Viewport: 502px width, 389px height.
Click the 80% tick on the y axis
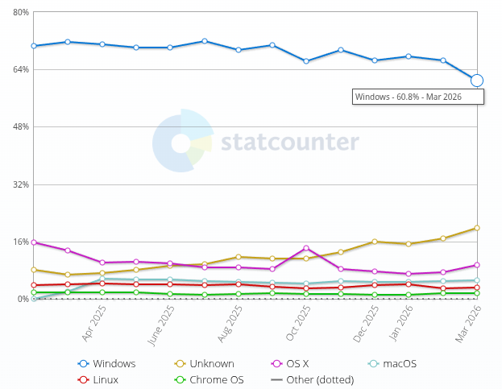tap(20, 12)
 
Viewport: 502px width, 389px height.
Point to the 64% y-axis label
tap(20, 69)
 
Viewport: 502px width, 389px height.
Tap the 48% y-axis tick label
tap(20, 126)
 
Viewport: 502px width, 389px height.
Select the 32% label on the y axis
tap(20, 184)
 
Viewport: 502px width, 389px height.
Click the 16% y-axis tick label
tap(20, 242)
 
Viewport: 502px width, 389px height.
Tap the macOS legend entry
tap(392, 363)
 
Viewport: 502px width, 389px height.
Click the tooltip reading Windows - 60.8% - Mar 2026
tap(418, 97)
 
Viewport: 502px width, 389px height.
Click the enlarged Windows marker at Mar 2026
tap(477, 81)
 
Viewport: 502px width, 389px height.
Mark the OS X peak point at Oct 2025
tap(306, 248)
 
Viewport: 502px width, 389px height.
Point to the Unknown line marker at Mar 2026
tap(477, 228)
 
